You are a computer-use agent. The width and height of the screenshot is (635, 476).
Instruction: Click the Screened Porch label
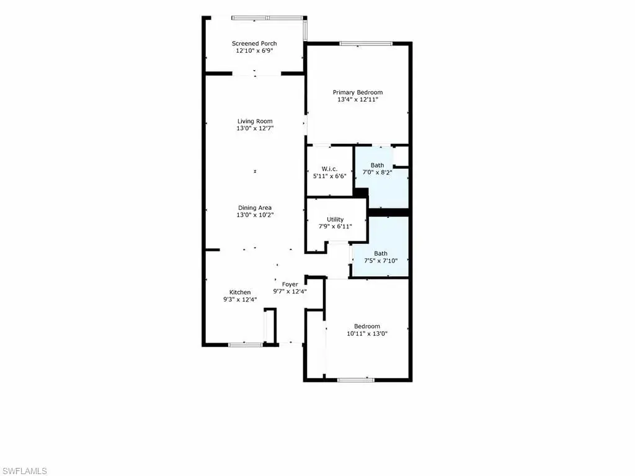[x=254, y=43]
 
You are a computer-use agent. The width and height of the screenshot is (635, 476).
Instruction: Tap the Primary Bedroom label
[x=358, y=92]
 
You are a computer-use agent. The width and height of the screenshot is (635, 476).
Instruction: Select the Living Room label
[x=255, y=121]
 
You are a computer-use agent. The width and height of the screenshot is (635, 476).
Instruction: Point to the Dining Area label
[x=255, y=208]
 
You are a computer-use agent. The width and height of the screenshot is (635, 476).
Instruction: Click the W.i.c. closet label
[x=329, y=169]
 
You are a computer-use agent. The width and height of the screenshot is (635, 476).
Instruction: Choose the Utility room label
[x=335, y=220]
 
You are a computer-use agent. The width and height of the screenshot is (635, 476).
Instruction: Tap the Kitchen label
[x=240, y=292]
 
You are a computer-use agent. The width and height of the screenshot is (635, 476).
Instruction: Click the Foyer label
[x=290, y=285]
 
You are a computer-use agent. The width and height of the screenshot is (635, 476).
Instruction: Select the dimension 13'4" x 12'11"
[x=358, y=100]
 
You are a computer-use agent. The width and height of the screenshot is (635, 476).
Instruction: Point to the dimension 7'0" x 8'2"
[x=377, y=173]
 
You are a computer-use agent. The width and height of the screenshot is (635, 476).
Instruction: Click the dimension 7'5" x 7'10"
[x=381, y=261]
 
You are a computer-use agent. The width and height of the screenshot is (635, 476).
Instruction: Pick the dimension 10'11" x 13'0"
[x=367, y=334]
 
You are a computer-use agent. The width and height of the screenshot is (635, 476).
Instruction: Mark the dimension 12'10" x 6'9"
[x=254, y=51]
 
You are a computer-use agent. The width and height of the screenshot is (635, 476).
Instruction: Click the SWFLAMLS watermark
[x=24, y=471]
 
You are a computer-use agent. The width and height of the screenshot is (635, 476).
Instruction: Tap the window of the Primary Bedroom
[x=366, y=43]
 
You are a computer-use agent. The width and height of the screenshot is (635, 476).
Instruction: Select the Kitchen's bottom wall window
[x=246, y=345]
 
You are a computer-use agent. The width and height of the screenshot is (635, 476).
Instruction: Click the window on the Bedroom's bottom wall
[x=356, y=380]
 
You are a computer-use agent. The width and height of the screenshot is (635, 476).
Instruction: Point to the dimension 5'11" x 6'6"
[x=329, y=176]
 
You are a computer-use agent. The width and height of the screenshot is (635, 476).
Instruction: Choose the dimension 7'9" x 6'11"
[x=335, y=227]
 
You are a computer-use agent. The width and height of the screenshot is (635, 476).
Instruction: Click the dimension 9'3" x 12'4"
[x=240, y=300]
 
